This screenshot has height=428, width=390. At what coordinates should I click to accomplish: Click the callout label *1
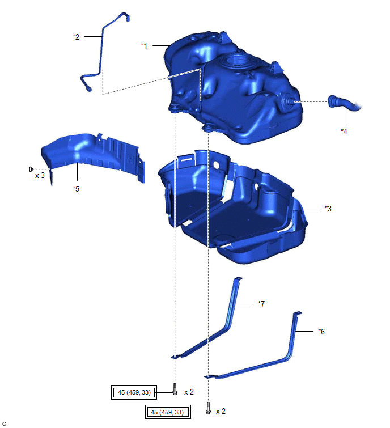(x=144, y=45)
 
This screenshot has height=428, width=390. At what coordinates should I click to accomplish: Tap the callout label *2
(x=76, y=37)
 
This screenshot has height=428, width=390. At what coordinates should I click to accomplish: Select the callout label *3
(x=328, y=209)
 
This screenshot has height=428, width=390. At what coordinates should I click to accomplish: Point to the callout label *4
(x=344, y=132)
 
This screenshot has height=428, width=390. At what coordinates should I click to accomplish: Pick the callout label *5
(x=76, y=189)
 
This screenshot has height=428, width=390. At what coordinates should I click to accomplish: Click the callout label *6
(x=321, y=332)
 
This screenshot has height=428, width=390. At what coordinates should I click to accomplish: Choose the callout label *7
(x=261, y=303)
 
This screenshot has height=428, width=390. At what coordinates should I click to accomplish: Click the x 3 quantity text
(x=40, y=176)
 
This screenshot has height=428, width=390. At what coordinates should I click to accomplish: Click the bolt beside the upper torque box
(x=175, y=389)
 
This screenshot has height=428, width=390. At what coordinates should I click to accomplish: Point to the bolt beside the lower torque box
(x=208, y=408)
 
